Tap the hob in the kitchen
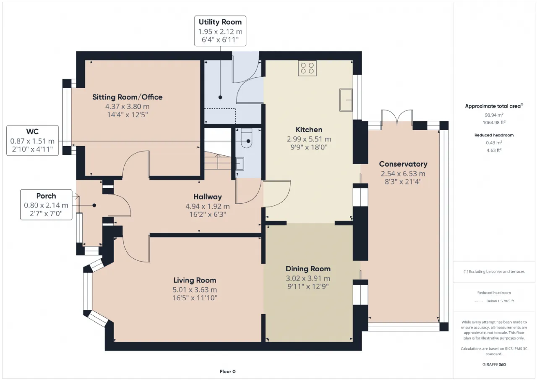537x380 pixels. pyautogui.click(x=307, y=68)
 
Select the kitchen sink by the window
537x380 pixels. pyautogui.click(x=346, y=100)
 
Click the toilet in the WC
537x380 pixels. pyautogui.click(x=246, y=138)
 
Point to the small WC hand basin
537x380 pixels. pyautogui.click(x=240, y=164)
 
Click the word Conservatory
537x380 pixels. pyautogui.click(x=403, y=164)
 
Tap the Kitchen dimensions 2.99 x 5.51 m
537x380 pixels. pyautogui.click(x=309, y=139)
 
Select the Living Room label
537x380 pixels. pyautogui.click(x=195, y=280)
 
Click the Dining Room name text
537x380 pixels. pyautogui.click(x=308, y=269)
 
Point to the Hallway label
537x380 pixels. pyautogui.click(x=208, y=197)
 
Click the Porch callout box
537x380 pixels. pyautogui.click(x=46, y=204)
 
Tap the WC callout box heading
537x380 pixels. pyautogui.click(x=32, y=132)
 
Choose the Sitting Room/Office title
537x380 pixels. pyautogui.click(x=127, y=97)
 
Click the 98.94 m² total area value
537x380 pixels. pyautogui.click(x=494, y=115)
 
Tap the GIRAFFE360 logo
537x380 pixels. pyautogui.click(x=494, y=364)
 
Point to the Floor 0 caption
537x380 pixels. pyautogui.click(x=227, y=372)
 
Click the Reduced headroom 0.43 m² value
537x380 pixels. pyautogui.click(x=494, y=143)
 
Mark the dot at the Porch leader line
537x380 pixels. pyautogui.click(x=94, y=205)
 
